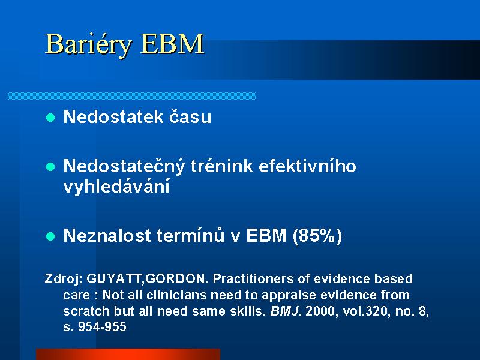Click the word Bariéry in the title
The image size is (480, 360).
88,44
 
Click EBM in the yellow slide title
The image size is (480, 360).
172,43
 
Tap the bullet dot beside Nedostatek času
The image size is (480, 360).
50,118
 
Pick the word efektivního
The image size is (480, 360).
307,166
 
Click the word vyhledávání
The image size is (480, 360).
116,187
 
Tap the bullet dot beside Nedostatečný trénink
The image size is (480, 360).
50,167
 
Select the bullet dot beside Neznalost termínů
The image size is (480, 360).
50,236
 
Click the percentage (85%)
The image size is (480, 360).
317,236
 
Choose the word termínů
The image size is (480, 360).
190,235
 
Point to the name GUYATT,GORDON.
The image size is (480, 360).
147,279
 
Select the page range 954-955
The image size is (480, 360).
102,327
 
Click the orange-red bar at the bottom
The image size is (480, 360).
128,354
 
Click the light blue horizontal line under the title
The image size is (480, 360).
131,96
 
